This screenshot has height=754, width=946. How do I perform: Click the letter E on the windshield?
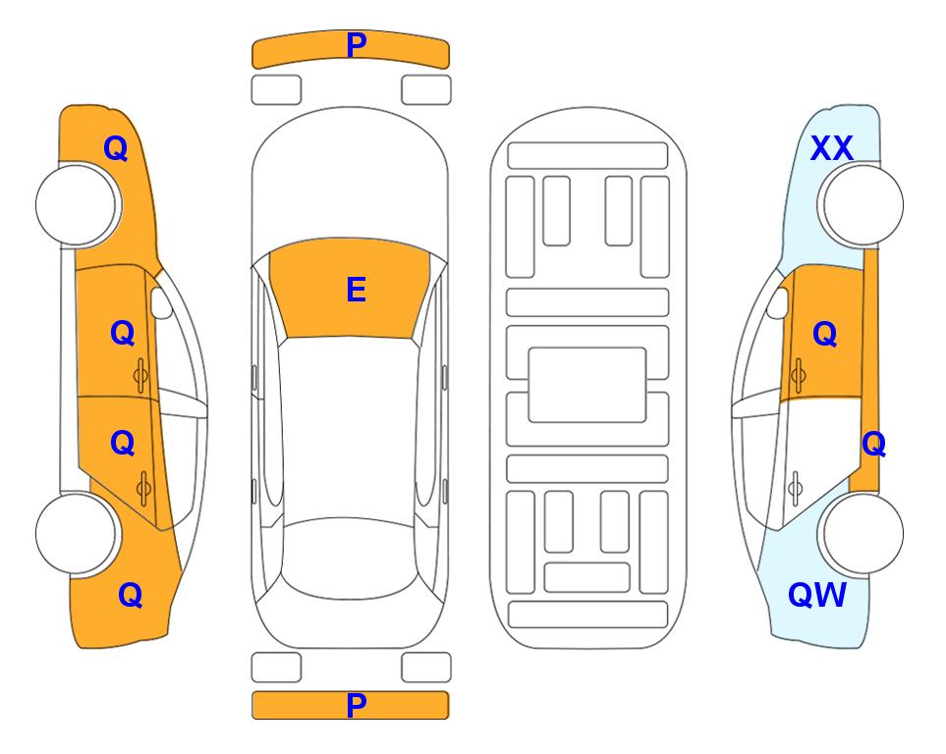[356, 290]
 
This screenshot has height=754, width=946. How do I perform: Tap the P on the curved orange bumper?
[357, 44]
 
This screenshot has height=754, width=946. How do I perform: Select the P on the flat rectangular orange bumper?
[356, 705]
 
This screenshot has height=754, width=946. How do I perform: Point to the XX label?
[831, 148]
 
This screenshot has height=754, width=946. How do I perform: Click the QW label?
[817, 595]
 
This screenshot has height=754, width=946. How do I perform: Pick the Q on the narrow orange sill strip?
[873, 444]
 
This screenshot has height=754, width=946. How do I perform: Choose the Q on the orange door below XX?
[825, 334]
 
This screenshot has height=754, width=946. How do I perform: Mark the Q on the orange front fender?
[115, 148]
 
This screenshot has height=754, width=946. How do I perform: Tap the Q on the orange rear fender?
[130, 595]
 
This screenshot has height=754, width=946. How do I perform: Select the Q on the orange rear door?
[123, 443]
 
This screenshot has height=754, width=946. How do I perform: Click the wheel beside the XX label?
[861, 205]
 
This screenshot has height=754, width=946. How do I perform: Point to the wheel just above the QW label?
[861, 533]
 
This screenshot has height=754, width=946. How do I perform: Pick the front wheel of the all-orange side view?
[79, 205]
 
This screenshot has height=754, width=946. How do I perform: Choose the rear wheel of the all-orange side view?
[79, 533]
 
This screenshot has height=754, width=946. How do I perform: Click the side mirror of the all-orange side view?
[160, 302]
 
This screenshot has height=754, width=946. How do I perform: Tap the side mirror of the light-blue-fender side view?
[778, 302]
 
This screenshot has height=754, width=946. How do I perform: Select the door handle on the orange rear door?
[143, 488]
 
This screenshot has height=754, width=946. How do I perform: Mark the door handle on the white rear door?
[796, 488]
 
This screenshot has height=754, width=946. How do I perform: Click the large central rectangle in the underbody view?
[587, 385]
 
